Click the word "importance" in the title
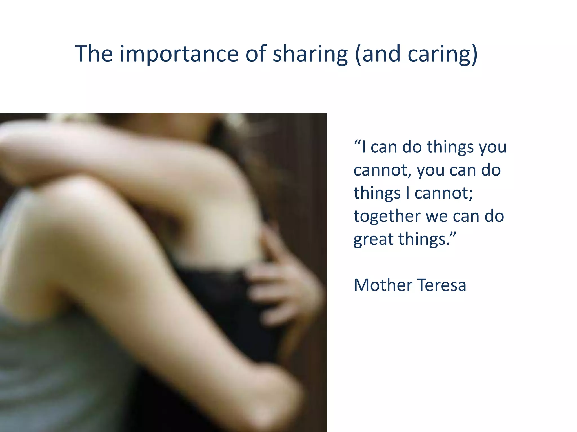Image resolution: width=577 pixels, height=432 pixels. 179,54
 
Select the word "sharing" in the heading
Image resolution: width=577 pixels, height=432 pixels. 310,54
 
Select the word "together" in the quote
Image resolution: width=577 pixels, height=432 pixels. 387,216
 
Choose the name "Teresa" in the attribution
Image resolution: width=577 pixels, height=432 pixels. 441,285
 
